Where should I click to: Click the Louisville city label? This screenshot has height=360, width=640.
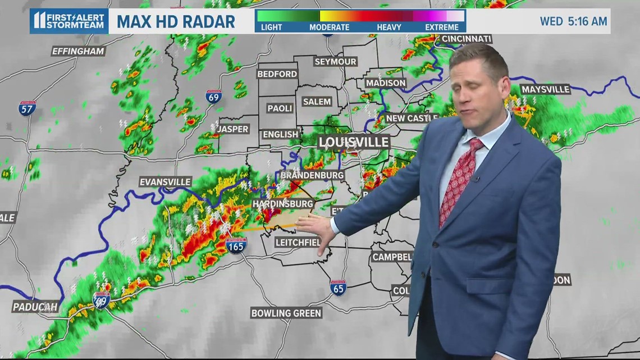[354, 142]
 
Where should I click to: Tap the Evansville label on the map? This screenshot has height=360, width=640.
[166, 182]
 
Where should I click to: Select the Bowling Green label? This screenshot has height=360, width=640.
[286, 313]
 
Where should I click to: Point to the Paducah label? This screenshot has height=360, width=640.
[35, 307]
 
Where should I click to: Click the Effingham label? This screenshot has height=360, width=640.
[79, 51]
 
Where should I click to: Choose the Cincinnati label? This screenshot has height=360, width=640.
[467, 39]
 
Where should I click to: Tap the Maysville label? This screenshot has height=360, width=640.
[545, 89]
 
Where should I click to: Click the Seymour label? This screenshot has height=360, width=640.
[335, 62]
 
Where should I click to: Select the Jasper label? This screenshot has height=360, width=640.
[232, 129]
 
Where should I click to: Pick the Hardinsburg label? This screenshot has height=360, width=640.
[282, 203]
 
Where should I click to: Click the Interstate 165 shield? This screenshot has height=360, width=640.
[237, 245]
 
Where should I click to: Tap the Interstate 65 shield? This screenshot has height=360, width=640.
[338, 288]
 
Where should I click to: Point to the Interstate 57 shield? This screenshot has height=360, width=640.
[27, 108]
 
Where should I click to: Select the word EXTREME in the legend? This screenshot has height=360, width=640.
[442, 27]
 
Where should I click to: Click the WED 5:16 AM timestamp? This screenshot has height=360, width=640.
[573, 21]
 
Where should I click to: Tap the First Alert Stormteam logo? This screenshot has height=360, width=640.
[68, 21]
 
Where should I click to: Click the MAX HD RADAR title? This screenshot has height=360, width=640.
[176, 22]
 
